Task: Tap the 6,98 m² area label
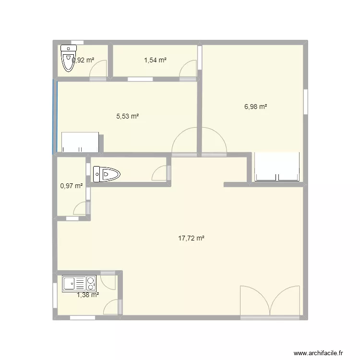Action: point(255,107)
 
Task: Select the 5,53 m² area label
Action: point(128,116)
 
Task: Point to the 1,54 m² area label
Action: point(155,60)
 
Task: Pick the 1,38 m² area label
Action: point(88,295)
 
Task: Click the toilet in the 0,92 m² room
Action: point(68,59)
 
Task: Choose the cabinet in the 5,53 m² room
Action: point(80,142)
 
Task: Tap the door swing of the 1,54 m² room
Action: point(188,69)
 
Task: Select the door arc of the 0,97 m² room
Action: point(81,208)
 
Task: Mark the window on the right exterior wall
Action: point(305,101)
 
